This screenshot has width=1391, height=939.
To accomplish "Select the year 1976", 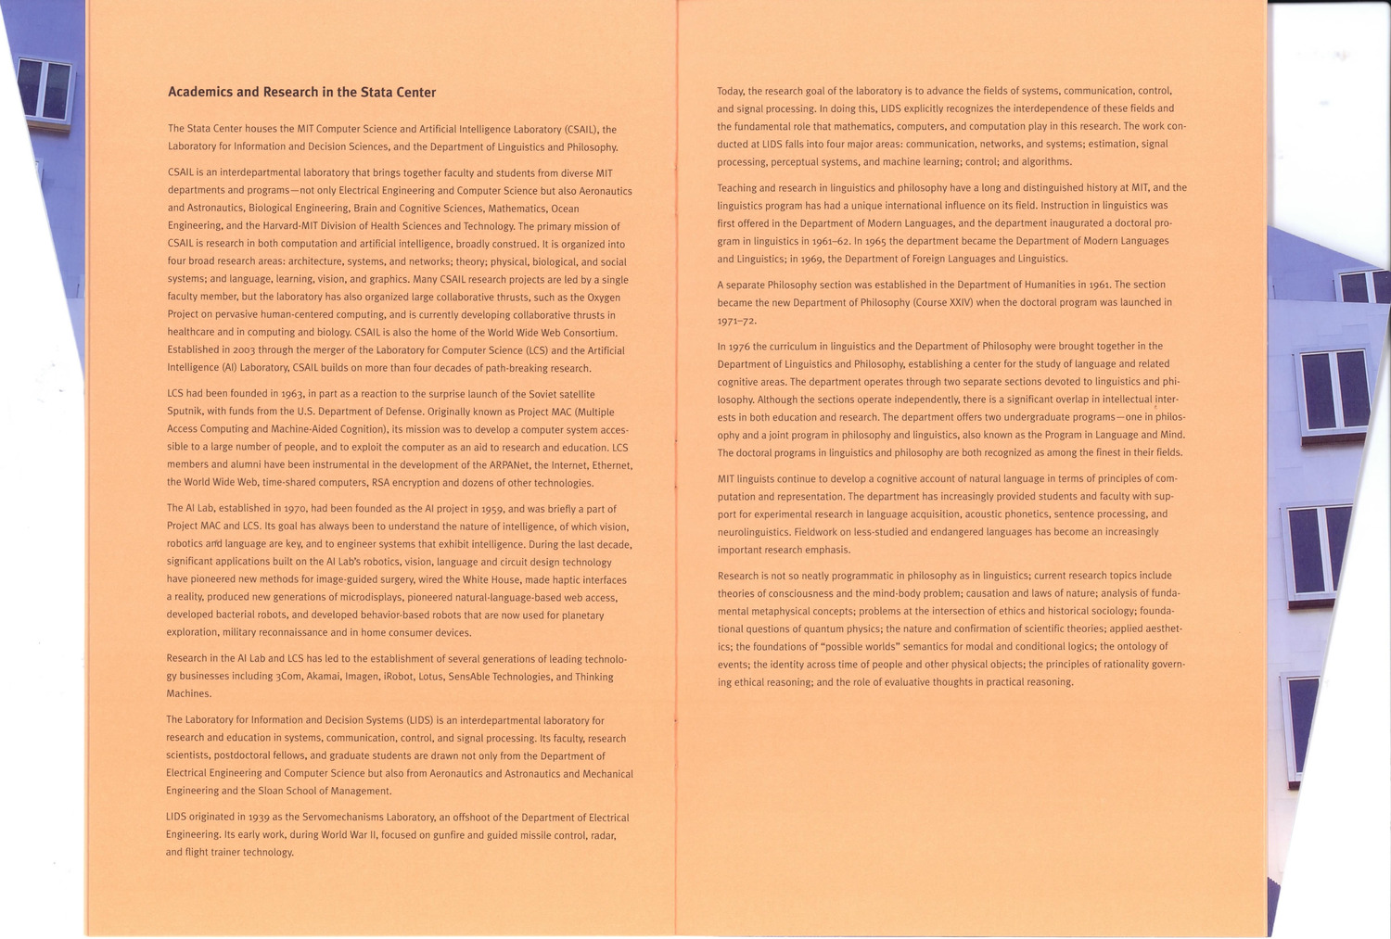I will pyautogui.click(x=739, y=347).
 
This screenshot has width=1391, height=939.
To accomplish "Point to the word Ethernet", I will pyautogui.click(x=611, y=465).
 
